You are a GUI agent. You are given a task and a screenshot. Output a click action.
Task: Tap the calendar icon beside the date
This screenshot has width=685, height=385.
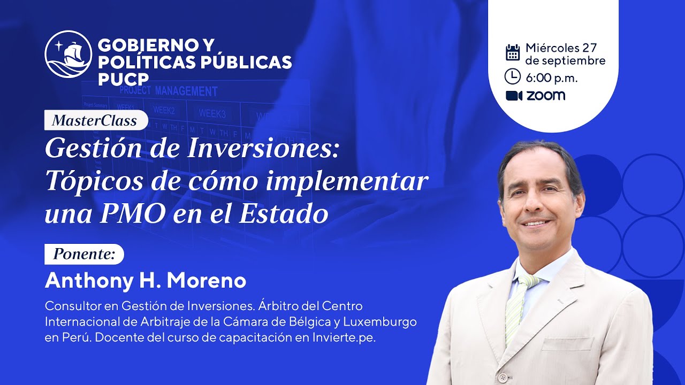pos(513,52)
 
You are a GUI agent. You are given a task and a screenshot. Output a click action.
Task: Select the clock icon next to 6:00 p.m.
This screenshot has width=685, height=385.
pos(513,76)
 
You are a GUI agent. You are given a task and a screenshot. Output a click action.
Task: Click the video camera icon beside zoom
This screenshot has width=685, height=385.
pos(514,96)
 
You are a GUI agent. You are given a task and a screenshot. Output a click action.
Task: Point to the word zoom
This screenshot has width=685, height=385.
pos(545,96)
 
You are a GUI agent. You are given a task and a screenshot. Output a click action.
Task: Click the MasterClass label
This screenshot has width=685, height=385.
pos(95,120)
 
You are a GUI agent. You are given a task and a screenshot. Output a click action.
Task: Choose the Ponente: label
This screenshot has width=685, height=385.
pos(84,254)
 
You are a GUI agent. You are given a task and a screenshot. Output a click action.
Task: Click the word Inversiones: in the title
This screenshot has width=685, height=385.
pos(263,148)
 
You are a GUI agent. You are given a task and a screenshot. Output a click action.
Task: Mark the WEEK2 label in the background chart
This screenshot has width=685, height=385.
pos(164,111)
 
